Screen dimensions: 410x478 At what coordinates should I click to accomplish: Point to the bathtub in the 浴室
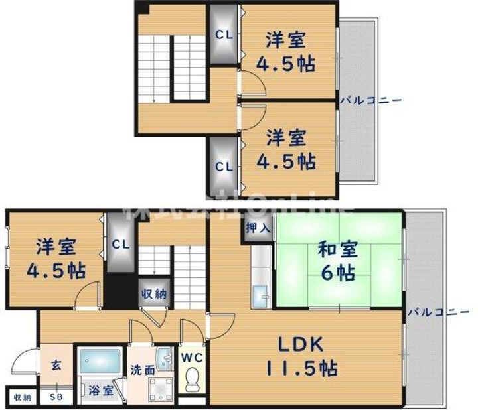tap(100, 362)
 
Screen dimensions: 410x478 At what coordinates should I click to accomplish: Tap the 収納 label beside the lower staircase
tap(153, 293)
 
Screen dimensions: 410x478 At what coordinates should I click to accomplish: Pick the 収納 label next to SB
tap(22, 397)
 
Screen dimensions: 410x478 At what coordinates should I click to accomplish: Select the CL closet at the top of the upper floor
tap(224, 34)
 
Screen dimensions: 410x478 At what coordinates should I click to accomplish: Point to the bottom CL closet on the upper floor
tap(224, 167)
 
